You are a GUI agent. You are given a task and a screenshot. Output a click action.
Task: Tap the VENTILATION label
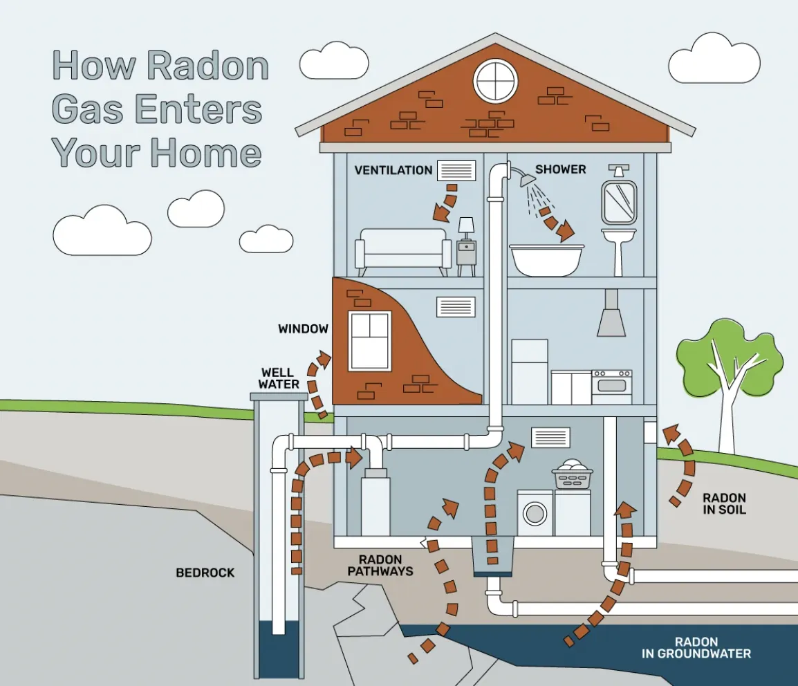[393, 170]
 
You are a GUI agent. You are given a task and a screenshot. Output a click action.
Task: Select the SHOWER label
[560, 169]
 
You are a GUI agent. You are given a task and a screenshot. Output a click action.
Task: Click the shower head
[527, 179]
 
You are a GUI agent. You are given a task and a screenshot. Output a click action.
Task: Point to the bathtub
[547, 260]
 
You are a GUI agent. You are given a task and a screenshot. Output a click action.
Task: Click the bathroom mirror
[619, 203]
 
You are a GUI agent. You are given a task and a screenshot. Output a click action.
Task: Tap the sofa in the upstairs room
[403, 252]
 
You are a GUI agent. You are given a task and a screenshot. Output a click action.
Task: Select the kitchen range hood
[611, 313]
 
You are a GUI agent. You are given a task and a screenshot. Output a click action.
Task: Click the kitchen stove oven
[612, 387]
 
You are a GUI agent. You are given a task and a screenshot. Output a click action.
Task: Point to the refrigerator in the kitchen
[529, 372]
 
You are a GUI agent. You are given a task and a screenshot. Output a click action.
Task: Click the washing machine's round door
[535, 513]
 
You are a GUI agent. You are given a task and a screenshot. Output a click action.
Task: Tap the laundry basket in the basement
[573, 475]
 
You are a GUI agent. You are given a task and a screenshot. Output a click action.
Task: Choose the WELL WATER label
[278, 379]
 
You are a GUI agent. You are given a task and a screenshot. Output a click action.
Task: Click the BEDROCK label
[205, 573]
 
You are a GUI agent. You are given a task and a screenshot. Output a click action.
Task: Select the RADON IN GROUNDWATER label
[696, 648]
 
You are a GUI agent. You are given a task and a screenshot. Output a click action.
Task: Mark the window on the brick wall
[370, 341]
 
